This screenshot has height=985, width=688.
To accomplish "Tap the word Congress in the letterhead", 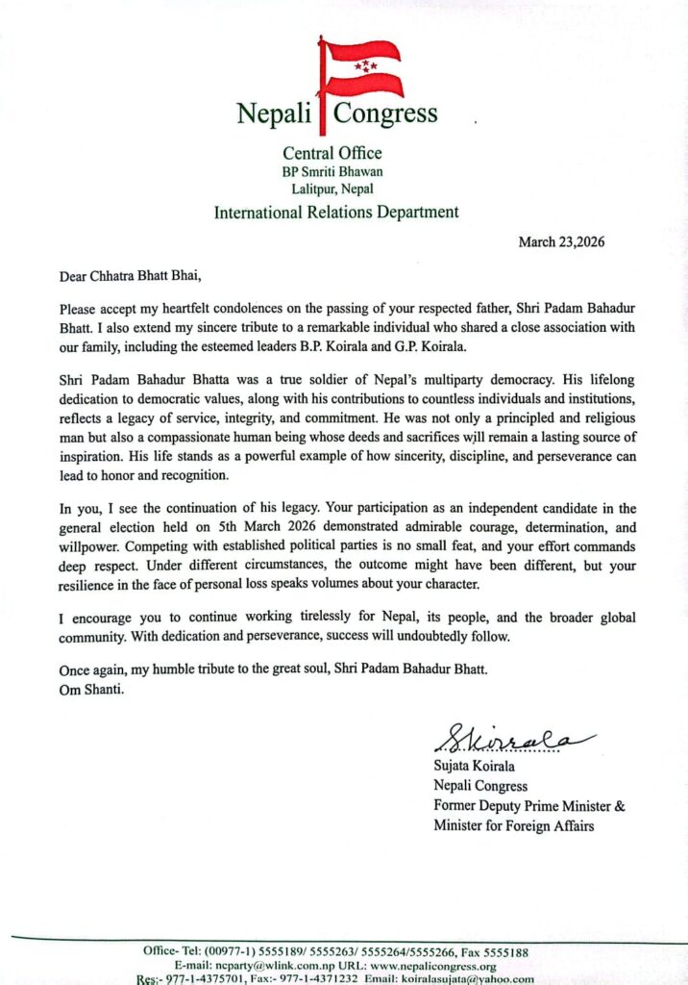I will pos(385,114).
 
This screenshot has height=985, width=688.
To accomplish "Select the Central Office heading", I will pos(332,153).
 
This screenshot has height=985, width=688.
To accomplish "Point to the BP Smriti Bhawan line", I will pos(332,171).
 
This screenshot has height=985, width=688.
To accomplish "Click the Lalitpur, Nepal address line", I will pos(332,189).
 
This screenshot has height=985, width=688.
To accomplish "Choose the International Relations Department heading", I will pos(336,213).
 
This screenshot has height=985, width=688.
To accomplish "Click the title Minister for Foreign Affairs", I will pos(513,825).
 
